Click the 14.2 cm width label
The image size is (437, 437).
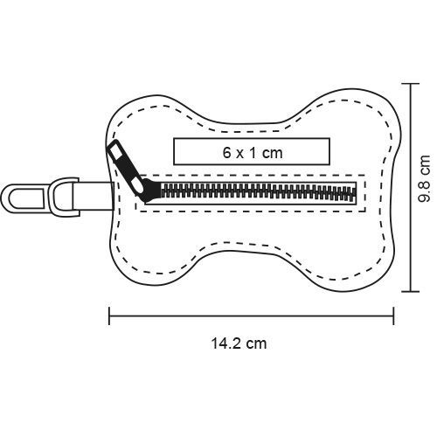[x=239, y=343]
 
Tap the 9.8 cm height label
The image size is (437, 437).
[x=424, y=178]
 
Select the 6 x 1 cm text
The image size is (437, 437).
[x=253, y=153]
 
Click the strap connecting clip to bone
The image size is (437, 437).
[x=94, y=195]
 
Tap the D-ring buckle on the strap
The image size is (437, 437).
[x=66, y=197]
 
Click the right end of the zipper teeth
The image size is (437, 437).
[x=355, y=193]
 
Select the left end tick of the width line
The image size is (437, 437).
[x=109, y=316]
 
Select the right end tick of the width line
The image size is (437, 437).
[x=393, y=316]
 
